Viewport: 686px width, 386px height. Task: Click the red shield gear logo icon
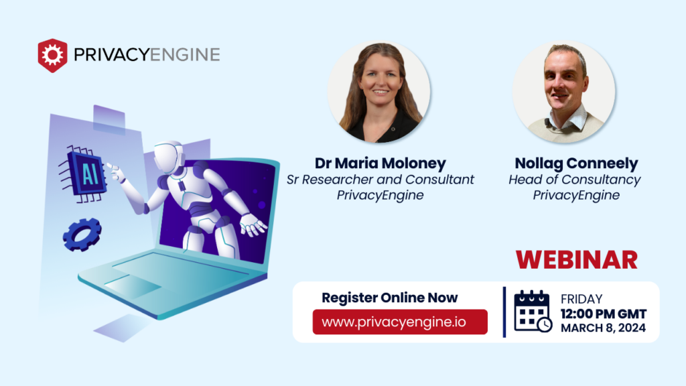point(52,55)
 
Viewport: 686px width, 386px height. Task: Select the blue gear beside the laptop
point(82,235)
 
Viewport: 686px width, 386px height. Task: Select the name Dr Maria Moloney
point(380,164)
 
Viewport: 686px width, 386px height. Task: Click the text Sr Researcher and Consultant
point(380,180)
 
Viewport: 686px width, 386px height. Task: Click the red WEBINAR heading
point(576,259)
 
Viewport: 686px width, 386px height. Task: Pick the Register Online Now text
point(390,298)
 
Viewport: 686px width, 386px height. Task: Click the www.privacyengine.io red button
point(400,322)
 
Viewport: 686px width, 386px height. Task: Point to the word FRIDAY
point(581,299)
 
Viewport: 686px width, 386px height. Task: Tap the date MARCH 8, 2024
point(604,328)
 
